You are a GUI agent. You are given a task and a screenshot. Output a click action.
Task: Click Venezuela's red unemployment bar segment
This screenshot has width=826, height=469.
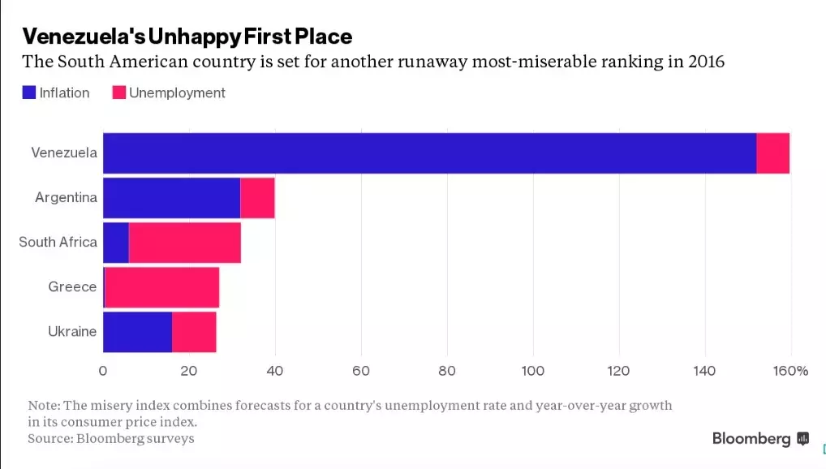[772, 153]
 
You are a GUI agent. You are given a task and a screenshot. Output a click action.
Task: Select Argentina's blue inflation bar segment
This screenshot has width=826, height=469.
[171, 198]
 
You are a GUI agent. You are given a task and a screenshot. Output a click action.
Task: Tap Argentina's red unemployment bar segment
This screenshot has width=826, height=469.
[258, 198]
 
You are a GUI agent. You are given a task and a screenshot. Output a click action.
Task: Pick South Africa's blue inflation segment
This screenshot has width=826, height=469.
[115, 243]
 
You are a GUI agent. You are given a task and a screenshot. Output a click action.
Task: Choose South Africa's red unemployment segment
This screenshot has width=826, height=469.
[184, 243]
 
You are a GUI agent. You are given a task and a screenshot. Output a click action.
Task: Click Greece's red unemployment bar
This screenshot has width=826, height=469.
[161, 287]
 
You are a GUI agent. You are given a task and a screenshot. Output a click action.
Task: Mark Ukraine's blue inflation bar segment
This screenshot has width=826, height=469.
[137, 332]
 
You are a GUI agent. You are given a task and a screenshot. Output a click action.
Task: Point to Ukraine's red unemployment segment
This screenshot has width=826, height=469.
[194, 332]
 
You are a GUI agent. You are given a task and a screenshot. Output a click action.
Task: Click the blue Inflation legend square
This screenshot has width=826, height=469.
[29, 93]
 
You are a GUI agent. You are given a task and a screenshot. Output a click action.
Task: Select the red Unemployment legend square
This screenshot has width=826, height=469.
[118, 93]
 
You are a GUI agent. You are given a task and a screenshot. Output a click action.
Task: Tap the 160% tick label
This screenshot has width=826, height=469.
[790, 372]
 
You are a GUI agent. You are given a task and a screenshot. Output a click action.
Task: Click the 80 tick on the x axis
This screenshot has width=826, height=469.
[447, 372]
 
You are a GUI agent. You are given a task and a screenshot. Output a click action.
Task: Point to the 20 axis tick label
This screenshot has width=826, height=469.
[189, 372]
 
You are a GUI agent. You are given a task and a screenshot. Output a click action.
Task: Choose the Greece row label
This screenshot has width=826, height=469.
[72, 287]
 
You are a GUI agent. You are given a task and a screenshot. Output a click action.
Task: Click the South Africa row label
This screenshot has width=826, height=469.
[58, 243]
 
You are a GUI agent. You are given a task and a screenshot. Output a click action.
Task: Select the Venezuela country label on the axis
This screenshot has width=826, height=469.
[64, 153]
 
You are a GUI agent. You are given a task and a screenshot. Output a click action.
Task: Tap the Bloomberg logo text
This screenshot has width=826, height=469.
[751, 439]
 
